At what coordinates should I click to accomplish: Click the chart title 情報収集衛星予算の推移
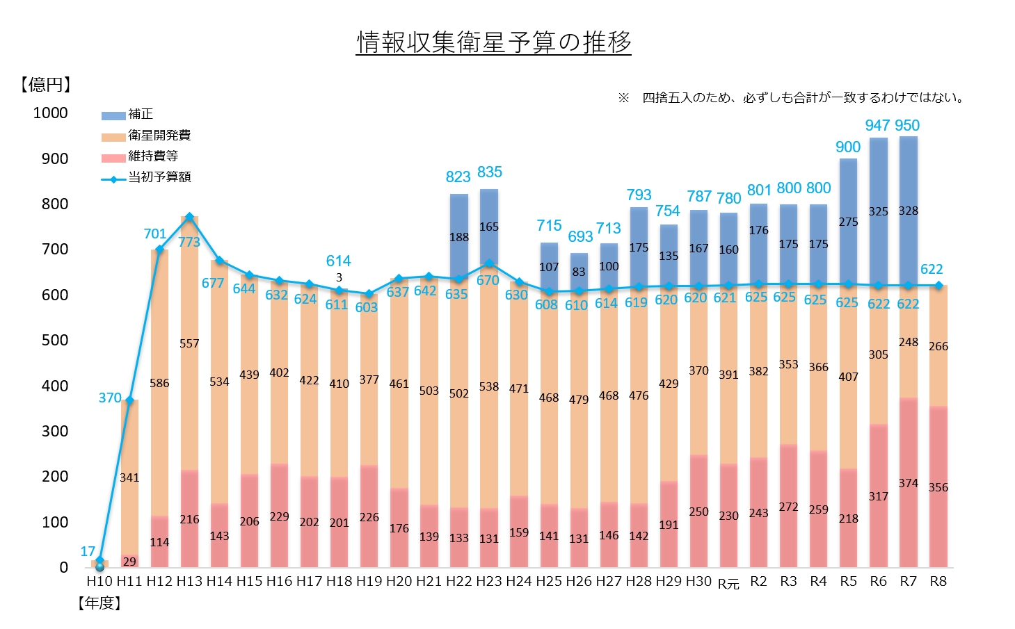[x=493, y=42]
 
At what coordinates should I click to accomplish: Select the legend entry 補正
[x=127, y=114]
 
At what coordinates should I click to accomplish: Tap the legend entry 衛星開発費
[x=146, y=135]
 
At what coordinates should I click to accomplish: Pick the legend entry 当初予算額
[x=146, y=177]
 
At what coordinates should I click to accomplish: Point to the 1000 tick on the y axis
[x=50, y=113]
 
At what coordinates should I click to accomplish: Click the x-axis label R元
[x=728, y=582]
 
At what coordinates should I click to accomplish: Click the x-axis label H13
[x=189, y=582]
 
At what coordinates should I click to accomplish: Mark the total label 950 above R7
[x=907, y=125]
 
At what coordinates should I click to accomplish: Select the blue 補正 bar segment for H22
[x=459, y=236]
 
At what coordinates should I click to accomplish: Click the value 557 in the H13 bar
[x=189, y=344]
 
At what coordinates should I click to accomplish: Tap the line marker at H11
[x=129, y=400]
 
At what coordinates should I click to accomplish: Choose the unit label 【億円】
[x=46, y=85]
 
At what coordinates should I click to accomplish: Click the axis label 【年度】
[x=99, y=603]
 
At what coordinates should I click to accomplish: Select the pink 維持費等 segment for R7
[x=909, y=483]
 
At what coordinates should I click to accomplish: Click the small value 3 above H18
[x=339, y=277]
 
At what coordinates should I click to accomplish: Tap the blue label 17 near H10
[x=88, y=552]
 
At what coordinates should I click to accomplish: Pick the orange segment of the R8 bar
[x=938, y=345]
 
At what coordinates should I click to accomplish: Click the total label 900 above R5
[x=848, y=147]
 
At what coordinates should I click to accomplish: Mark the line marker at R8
[x=939, y=285]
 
